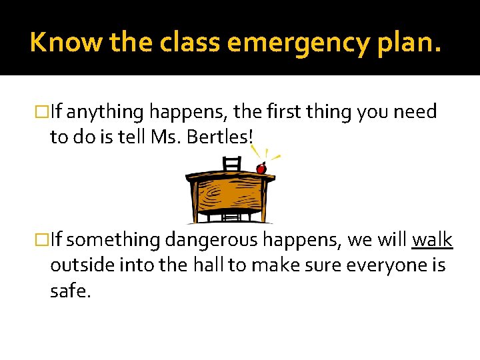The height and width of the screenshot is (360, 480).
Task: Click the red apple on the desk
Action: click(261, 169)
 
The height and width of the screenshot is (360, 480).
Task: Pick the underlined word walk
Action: click(433, 240)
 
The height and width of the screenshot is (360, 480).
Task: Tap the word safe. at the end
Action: click(69, 291)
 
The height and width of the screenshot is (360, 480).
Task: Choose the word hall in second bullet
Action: click(206, 265)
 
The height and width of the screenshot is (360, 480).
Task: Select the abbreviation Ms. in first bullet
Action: click(171, 137)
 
